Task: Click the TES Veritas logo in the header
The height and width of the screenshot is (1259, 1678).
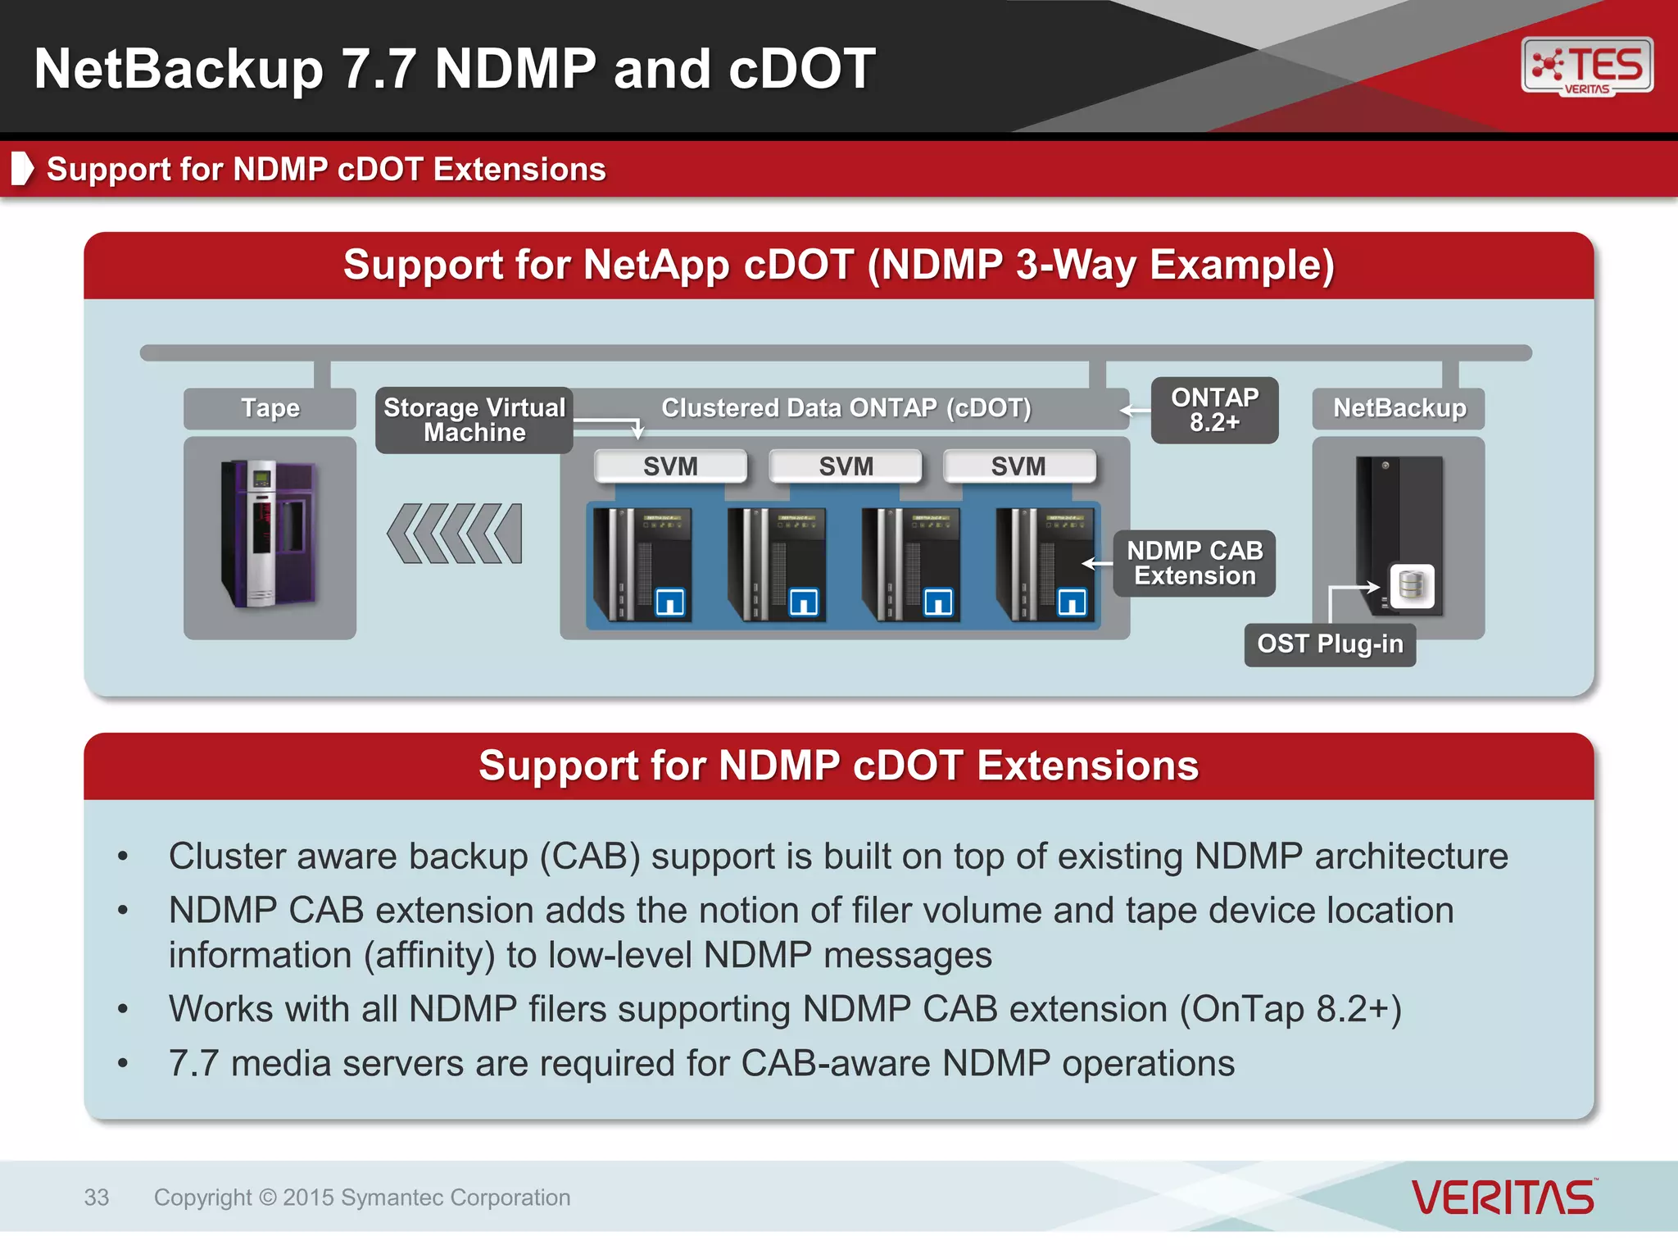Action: tap(1587, 66)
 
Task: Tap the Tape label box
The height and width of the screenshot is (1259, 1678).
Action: tap(270, 408)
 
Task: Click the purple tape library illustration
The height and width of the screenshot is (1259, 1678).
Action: tap(269, 534)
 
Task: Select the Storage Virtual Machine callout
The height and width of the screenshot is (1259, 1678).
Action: tap(474, 420)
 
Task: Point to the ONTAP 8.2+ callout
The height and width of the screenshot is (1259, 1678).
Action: tap(1214, 410)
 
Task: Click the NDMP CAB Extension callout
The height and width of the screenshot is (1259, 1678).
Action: tap(1195, 563)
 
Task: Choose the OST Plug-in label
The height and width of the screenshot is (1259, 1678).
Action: tap(1330, 644)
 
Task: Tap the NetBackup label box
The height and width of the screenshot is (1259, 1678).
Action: tap(1399, 408)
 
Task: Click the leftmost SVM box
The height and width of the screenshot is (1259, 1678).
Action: tap(670, 466)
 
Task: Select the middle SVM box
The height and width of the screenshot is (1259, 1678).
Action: tap(846, 466)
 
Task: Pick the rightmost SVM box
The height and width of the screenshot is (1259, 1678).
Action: tap(1018, 466)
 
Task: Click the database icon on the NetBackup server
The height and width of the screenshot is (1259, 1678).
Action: tap(1412, 586)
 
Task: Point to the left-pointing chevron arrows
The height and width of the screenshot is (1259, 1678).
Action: tap(455, 534)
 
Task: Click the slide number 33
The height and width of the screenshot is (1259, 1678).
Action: tap(97, 1198)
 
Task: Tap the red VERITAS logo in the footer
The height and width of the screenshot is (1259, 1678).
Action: tap(1503, 1198)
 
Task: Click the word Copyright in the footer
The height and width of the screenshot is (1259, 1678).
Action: tap(203, 1198)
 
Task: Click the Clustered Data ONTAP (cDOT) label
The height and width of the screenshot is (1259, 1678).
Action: tap(846, 408)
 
